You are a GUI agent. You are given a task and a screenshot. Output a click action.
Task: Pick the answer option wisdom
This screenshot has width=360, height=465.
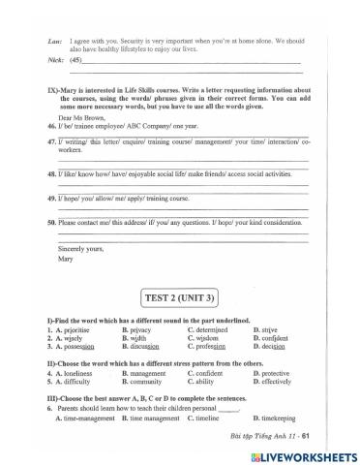(x=210, y=339)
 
